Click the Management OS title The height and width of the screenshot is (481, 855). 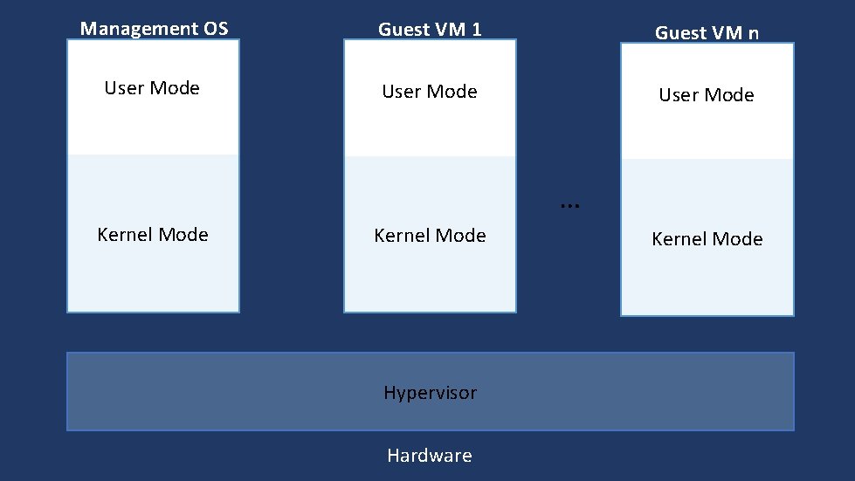click(x=154, y=29)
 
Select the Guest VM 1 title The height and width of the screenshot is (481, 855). click(x=430, y=30)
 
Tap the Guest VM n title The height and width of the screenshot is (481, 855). click(x=707, y=33)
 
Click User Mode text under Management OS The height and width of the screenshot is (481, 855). click(x=152, y=88)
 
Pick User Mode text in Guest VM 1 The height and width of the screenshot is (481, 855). click(x=430, y=92)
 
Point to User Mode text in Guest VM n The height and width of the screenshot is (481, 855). click(x=707, y=95)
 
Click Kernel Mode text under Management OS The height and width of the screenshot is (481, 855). click(x=153, y=235)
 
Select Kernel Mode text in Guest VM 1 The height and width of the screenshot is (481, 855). click(x=430, y=236)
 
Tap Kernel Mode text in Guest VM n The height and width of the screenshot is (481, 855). click(x=707, y=239)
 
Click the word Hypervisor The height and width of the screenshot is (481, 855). click(x=430, y=393)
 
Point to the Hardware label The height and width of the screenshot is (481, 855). click(x=430, y=456)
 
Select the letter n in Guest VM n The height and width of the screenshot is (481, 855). click(x=753, y=34)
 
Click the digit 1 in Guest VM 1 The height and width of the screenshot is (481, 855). click(x=476, y=30)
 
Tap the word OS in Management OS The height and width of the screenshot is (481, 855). click(x=215, y=29)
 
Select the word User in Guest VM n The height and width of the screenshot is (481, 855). click(x=678, y=95)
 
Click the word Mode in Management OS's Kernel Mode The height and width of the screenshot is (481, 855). click(x=184, y=235)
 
